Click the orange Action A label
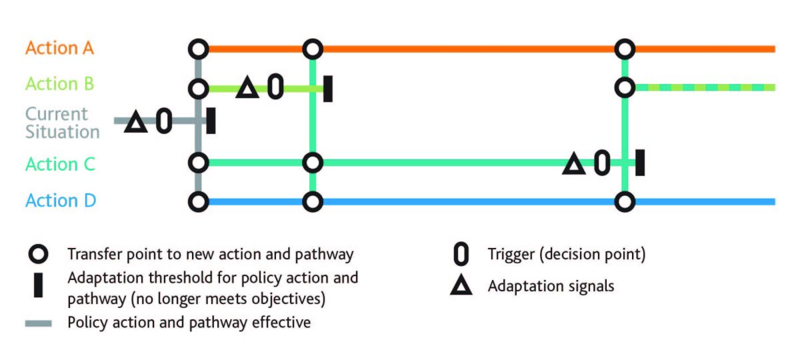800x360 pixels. pyautogui.click(x=60, y=49)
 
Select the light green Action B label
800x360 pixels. pyautogui.click(x=60, y=85)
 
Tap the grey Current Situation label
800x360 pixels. pyautogui.click(x=63, y=123)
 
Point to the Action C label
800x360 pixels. pyautogui.click(x=60, y=164)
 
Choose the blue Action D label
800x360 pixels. pyautogui.click(x=61, y=201)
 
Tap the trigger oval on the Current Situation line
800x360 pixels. pyautogui.click(x=164, y=121)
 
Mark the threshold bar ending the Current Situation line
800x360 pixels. pyautogui.click(x=211, y=121)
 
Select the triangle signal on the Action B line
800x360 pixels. pyautogui.click(x=247, y=88)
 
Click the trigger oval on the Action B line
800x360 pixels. pyautogui.click(x=275, y=87)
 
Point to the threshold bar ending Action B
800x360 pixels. pyautogui.click(x=328, y=88)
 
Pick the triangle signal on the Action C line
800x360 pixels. pyautogui.click(x=573, y=164)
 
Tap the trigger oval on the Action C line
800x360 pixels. pyautogui.click(x=601, y=163)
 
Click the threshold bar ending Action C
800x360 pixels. pyautogui.click(x=640, y=163)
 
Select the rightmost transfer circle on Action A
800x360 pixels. pyautogui.click(x=625, y=49)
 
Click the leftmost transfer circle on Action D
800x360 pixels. pyautogui.click(x=198, y=201)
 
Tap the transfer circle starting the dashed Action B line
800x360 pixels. pyautogui.click(x=625, y=87)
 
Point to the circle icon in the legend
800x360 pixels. pyautogui.click(x=39, y=255)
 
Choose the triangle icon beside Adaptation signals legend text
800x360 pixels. pyautogui.click(x=461, y=287)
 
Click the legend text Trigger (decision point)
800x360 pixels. pyautogui.click(x=567, y=254)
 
